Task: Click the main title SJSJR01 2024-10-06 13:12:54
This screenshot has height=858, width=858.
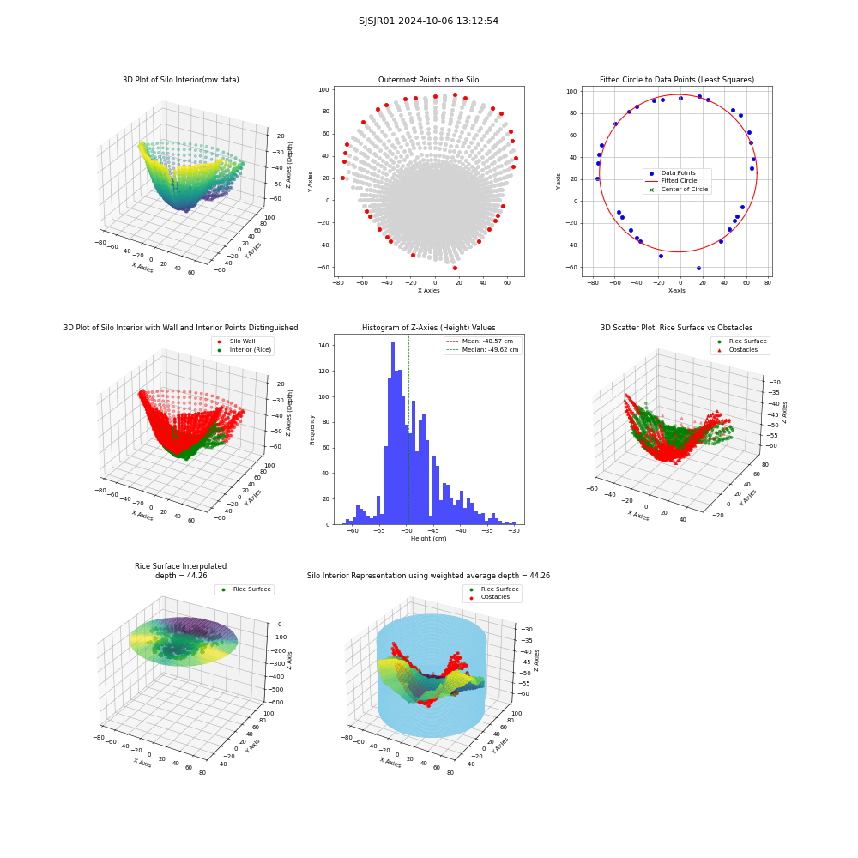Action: click(428, 21)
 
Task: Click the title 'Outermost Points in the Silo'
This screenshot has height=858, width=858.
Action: click(428, 79)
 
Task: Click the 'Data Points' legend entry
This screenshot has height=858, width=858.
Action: click(673, 173)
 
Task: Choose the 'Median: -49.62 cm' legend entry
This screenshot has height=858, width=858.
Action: click(482, 350)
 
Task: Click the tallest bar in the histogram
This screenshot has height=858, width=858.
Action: click(393, 433)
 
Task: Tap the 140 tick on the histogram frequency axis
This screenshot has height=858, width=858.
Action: click(324, 345)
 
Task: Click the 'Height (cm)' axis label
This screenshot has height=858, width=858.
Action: click(428, 539)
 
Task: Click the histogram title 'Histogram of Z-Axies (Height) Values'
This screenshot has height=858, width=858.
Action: click(428, 327)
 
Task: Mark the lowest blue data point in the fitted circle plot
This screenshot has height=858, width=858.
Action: click(698, 268)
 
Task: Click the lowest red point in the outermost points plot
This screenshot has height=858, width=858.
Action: click(455, 268)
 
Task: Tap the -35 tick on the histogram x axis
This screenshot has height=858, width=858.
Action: click(487, 531)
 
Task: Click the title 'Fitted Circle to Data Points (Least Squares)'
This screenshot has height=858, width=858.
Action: click(677, 79)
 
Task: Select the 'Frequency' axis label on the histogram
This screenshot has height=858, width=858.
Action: click(312, 430)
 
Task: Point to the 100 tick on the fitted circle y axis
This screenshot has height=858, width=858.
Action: click(571, 92)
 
